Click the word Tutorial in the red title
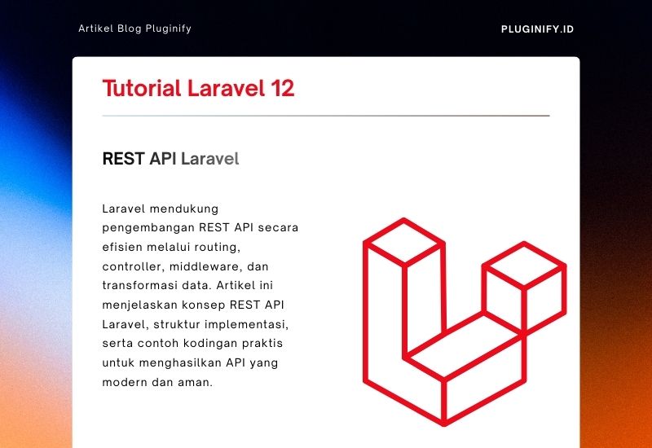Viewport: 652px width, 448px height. [140, 89]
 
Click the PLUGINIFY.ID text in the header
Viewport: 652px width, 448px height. [537, 29]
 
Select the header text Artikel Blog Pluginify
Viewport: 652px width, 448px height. [134, 29]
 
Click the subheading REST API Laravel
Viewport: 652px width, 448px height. [170, 159]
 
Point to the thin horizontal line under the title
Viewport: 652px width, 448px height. [326, 116]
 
